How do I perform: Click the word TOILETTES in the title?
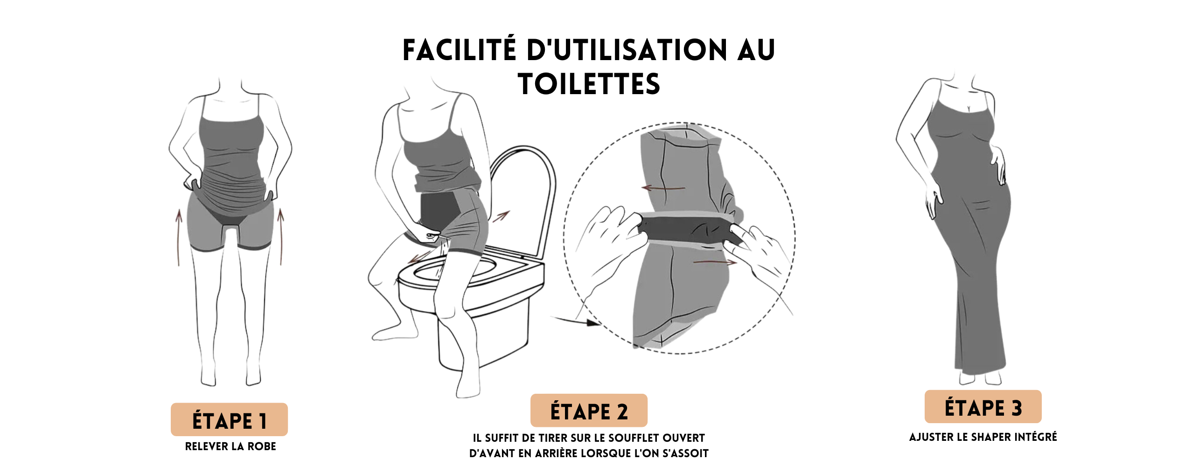coord(589,84)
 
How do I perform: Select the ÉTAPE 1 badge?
coord(229,420)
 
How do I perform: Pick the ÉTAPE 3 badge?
coord(983,407)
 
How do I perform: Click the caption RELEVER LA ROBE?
coord(230,447)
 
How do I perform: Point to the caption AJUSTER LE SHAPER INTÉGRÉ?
coord(983,438)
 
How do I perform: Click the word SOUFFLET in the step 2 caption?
coord(635,439)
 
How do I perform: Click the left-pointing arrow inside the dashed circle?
coord(663,188)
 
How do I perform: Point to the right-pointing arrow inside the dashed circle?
coord(715,262)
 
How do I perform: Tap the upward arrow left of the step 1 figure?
coord(179,238)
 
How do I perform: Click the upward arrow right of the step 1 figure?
coord(281,237)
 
